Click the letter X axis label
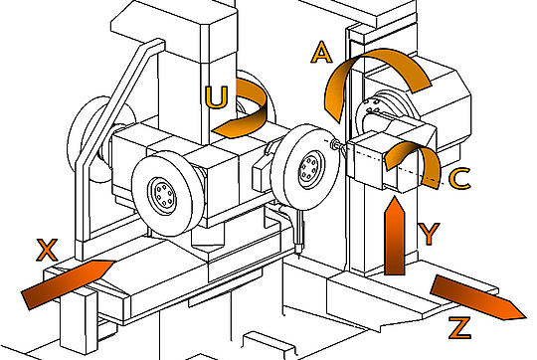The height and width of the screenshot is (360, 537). click(x=48, y=251)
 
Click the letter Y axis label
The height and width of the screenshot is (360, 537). click(x=429, y=234)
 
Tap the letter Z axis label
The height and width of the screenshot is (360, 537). click(x=460, y=328)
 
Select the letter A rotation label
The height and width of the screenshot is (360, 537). click(x=321, y=53)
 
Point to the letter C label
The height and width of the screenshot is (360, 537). click(x=459, y=178)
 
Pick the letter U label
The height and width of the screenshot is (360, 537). click(x=216, y=97)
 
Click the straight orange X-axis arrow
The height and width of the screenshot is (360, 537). click(x=67, y=283)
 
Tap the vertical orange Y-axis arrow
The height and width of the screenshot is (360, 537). click(x=395, y=237)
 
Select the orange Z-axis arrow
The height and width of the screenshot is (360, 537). click(x=477, y=297)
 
